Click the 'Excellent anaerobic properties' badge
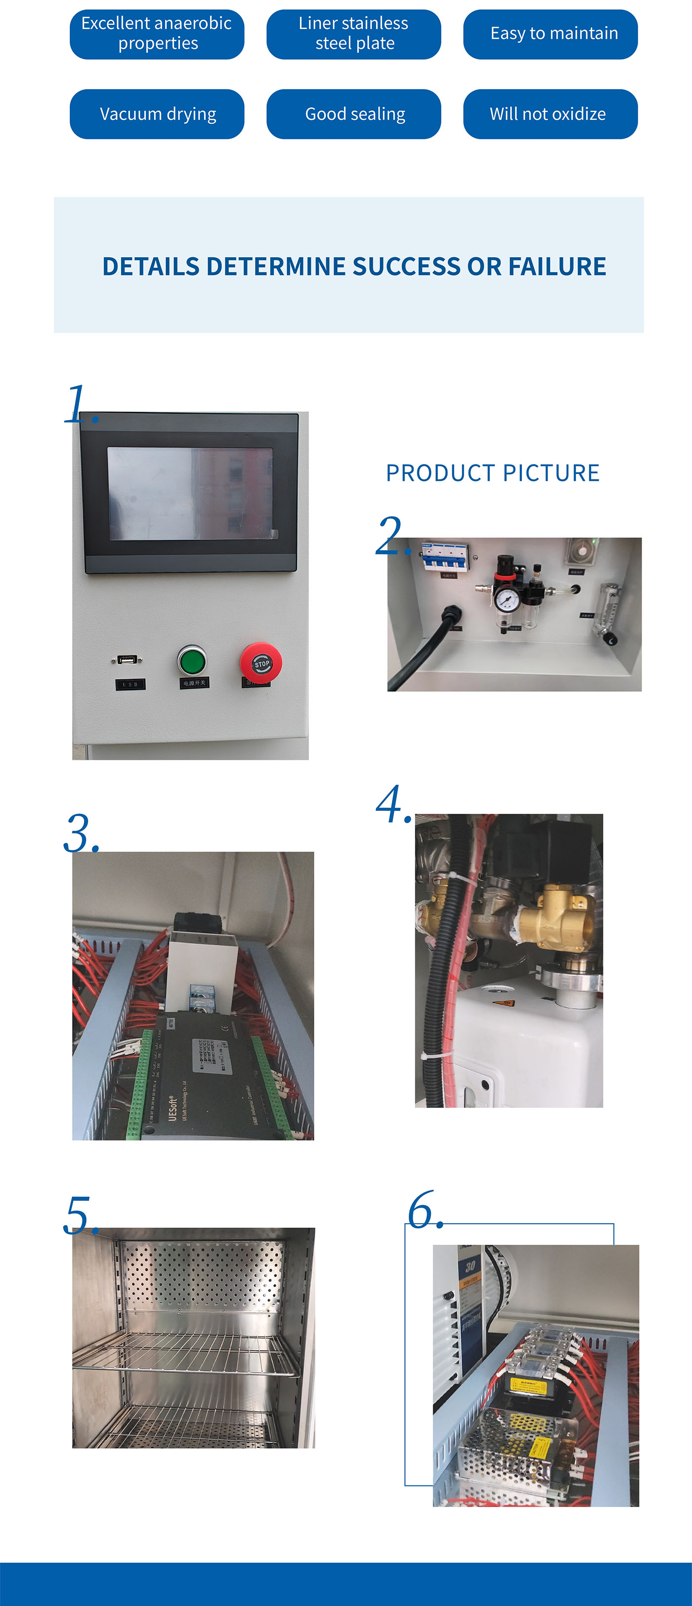tap(157, 34)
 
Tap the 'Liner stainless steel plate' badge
tap(354, 34)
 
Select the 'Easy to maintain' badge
tap(551, 34)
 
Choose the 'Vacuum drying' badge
tap(157, 114)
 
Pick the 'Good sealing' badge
tap(354, 114)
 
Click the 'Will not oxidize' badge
tap(551, 114)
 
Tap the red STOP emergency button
tap(261, 662)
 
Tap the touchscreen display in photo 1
tap(190, 493)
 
